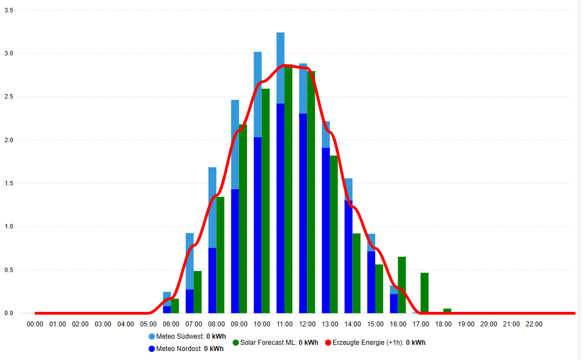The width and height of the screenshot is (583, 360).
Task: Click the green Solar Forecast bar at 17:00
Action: tap(425, 293)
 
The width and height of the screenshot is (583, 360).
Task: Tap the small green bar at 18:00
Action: tap(447, 311)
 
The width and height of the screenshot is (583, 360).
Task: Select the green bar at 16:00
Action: tap(402, 285)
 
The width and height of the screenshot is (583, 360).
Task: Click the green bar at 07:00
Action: tap(198, 292)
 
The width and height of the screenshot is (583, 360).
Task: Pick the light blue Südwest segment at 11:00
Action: tap(281, 68)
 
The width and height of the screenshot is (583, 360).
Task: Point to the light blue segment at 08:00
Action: tap(212, 207)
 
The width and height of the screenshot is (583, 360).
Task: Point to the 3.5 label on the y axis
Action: tap(9, 10)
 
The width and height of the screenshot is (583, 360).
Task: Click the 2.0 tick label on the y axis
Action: tap(9, 140)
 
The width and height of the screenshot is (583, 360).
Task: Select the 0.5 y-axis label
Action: tap(9, 270)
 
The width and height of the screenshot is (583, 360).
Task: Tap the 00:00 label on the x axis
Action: tap(35, 324)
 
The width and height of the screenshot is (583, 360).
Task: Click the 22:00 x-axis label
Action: tap(534, 324)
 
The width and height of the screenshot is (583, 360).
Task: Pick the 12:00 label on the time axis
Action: tap(307, 324)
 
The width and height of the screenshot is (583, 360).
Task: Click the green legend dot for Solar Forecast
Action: tap(236, 342)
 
